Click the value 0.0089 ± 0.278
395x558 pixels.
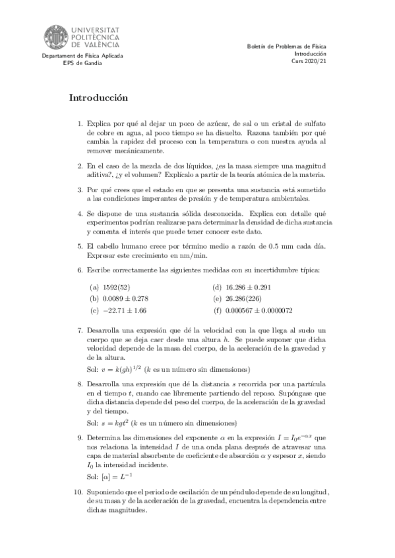pyautogui.click(x=125, y=298)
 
